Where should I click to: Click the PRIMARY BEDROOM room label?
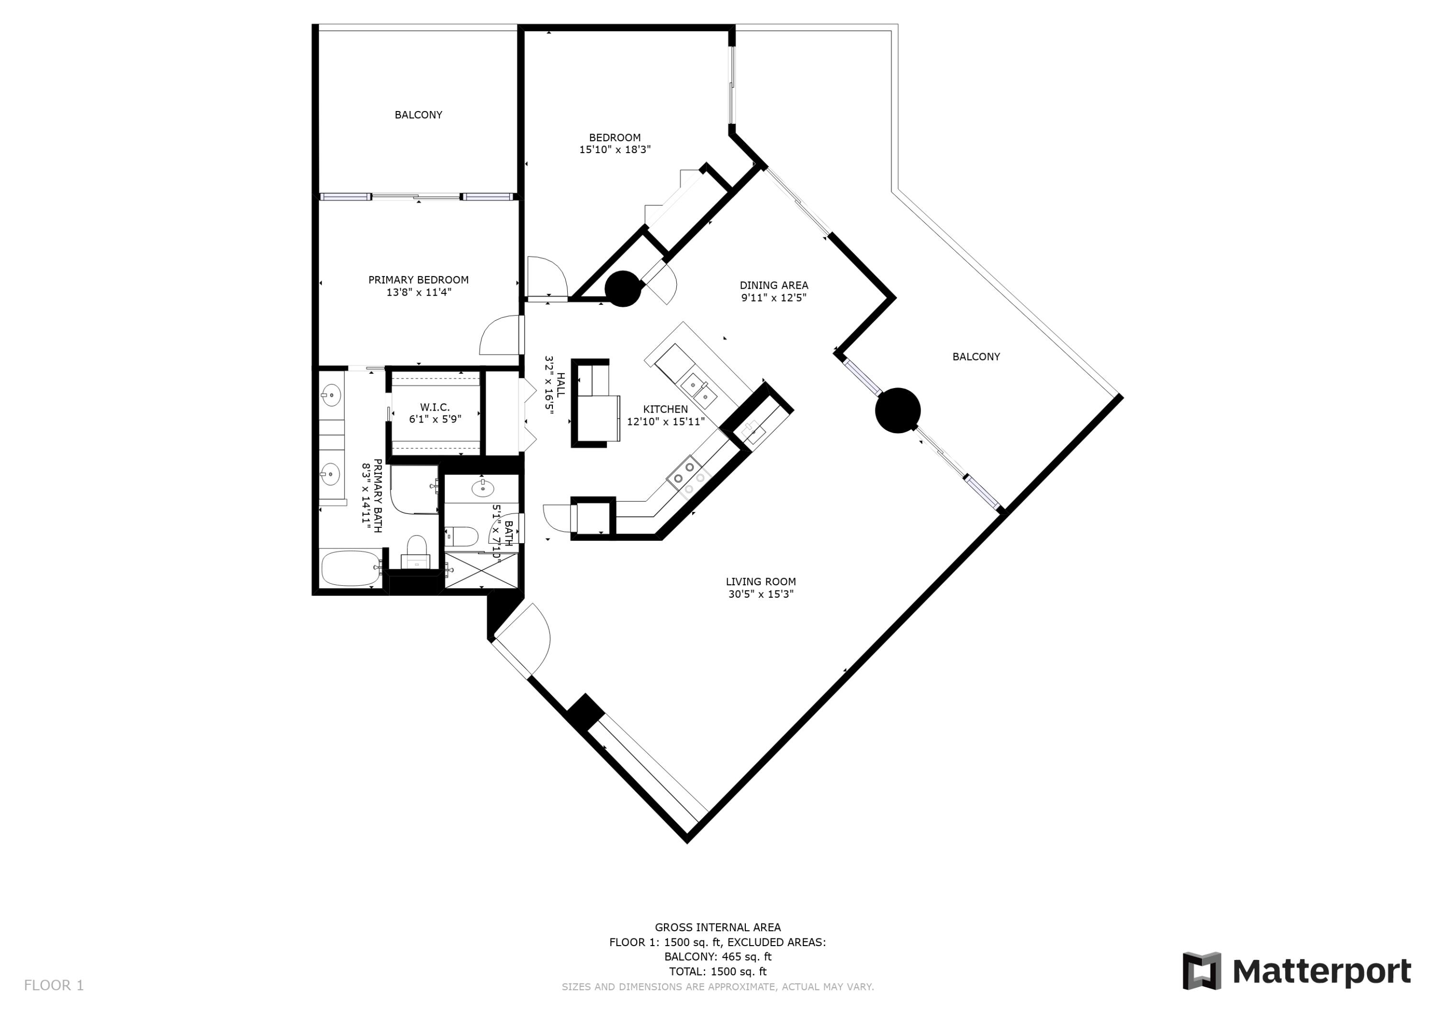pos(418,280)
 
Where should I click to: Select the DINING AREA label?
pos(774,286)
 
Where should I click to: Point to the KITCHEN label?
pos(665,410)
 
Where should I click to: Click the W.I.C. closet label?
pos(435,408)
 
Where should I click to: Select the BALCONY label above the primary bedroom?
pos(418,115)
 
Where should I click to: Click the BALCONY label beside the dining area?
pos(976,357)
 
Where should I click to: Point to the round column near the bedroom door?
pos(623,288)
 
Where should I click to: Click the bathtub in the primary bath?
pos(349,568)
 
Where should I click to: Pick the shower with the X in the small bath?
pos(482,570)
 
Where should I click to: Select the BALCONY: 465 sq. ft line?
pos(718,957)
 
